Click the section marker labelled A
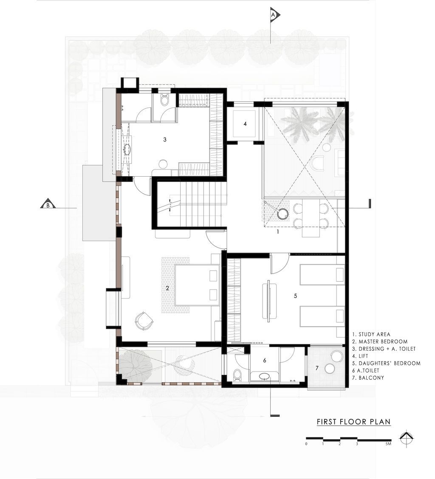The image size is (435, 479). tap(274, 15)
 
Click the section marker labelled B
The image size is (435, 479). tap(48, 204)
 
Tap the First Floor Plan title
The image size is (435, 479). tap(354, 422)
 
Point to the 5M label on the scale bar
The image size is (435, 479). tap(388, 444)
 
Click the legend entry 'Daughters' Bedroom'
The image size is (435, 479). tap(387, 363)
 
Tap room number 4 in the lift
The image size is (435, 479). tap(245, 124)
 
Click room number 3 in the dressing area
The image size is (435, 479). tap(165, 140)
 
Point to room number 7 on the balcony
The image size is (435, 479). tap(317, 368)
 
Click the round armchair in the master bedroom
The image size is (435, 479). tap(144, 321)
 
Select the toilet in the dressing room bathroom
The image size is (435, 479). tap(165, 99)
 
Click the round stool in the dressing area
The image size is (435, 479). tap(163, 164)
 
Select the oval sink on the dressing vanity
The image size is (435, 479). tap(127, 149)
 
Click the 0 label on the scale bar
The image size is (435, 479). tap(306, 444)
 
